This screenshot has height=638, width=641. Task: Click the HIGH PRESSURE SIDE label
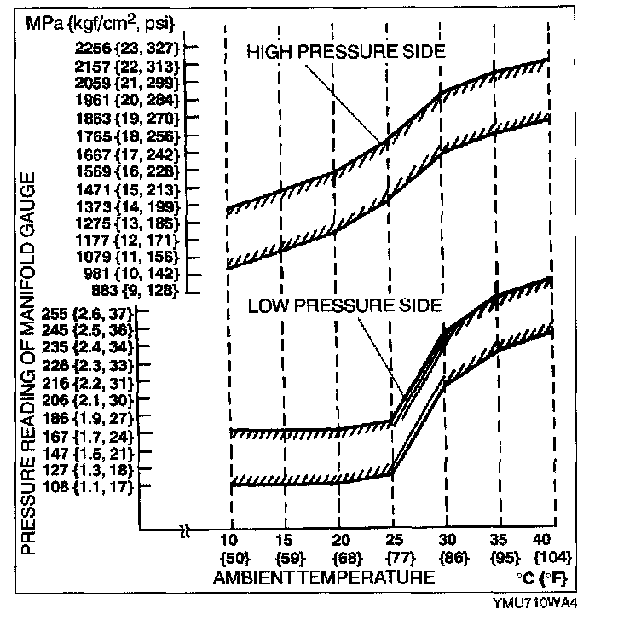345,52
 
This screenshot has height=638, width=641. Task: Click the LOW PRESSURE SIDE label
344,304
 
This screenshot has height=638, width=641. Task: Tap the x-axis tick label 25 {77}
393,550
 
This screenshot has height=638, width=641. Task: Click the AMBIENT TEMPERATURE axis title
324,577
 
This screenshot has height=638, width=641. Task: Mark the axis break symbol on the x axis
185,532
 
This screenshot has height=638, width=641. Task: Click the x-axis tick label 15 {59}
286,550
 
